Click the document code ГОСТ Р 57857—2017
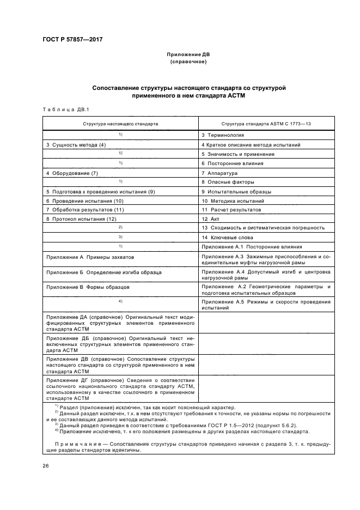72,39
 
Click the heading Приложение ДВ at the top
188,54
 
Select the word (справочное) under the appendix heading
188,62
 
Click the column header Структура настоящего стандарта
120,124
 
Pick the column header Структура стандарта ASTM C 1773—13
266,124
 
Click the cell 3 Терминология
223,135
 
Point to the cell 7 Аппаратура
219,173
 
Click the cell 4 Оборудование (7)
72,173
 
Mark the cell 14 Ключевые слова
227,238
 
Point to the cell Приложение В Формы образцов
88,286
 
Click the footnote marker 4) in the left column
121,301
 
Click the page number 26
46,466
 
